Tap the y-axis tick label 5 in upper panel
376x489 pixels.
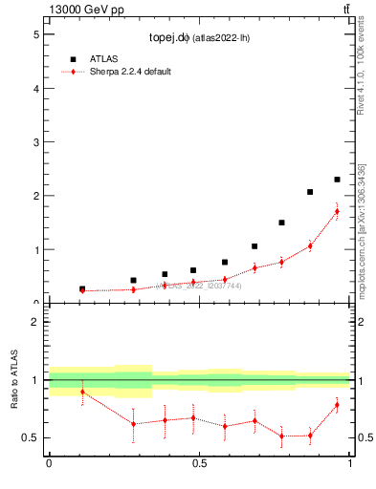[x=34, y=34]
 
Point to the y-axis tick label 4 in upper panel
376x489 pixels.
[x=34, y=89]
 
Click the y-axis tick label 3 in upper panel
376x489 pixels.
[x=34, y=142]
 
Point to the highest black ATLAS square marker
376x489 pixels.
[x=337, y=180]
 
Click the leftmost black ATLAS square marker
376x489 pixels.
[x=82, y=288]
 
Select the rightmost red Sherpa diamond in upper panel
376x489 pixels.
[x=337, y=211]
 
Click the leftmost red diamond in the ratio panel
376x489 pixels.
[x=82, y=392]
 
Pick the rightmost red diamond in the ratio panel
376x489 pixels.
[x=337, y=405]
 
